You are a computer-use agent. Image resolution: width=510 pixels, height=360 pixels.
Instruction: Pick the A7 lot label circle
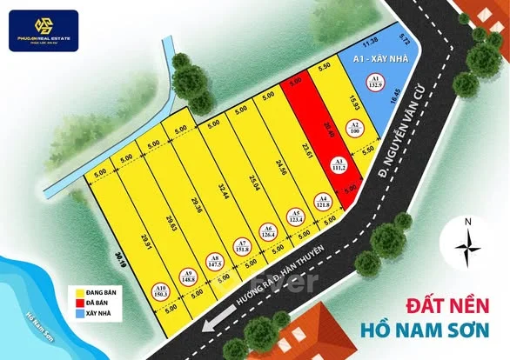(x=241, y=244)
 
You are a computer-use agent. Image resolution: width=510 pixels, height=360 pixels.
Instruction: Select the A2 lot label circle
(x=355, y=128)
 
